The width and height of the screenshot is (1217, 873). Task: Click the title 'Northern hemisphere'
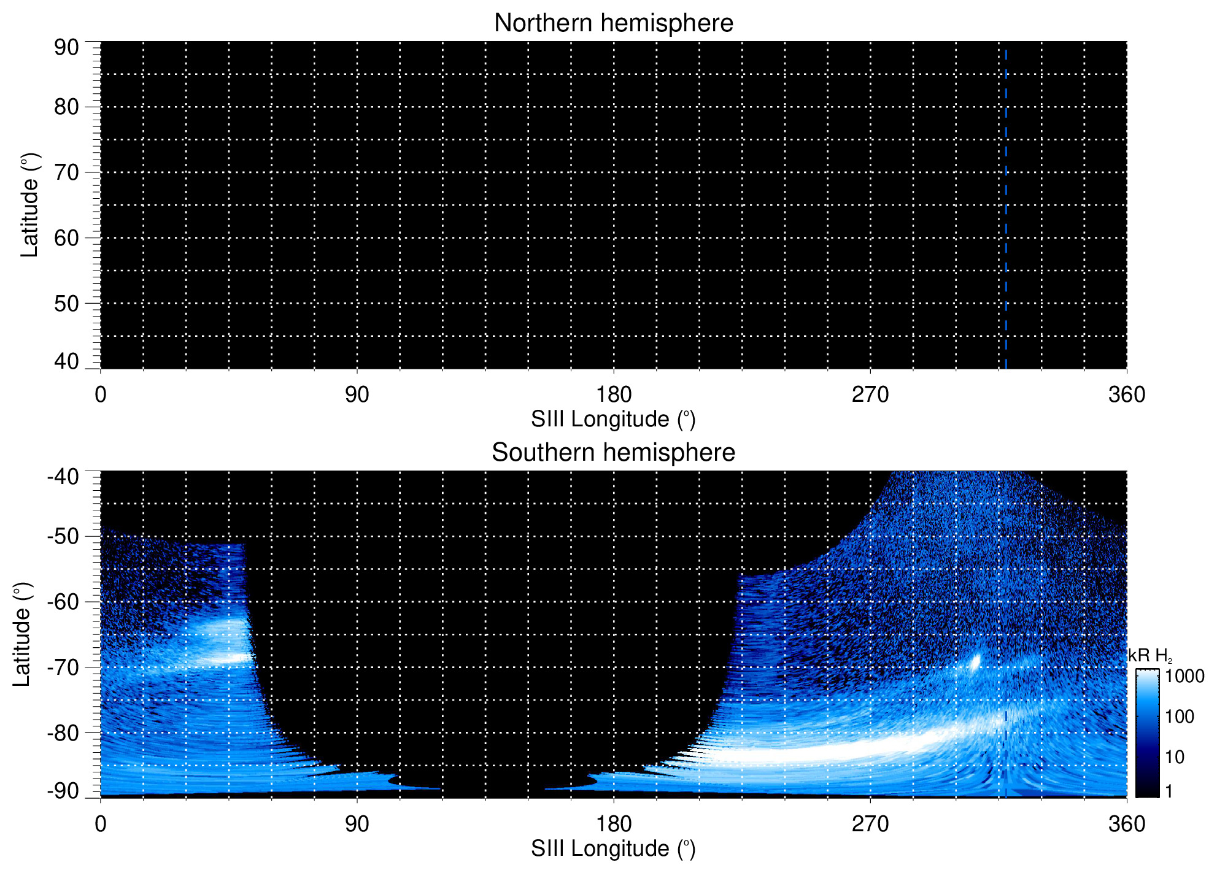tap(613, 23)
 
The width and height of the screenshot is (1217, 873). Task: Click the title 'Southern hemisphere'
tap(613, 453)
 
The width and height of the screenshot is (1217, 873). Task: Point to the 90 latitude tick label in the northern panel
tap(66, 47)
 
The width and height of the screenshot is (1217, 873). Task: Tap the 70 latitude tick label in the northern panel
tap(66, 172)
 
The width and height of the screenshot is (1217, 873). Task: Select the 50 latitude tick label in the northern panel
tap(66, 303)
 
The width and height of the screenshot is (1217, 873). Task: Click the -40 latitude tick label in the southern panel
tap(63, 477)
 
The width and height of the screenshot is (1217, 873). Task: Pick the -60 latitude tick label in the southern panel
tap(63, 602)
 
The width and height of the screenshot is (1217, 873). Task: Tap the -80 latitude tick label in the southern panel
tap(63, 733)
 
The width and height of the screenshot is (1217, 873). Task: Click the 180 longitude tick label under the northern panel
tap(614, 394)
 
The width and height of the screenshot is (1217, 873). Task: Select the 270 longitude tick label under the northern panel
tap(870, 394)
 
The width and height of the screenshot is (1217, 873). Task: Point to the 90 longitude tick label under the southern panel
tap(357, 824)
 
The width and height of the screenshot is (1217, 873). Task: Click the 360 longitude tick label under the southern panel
tap(1126, 824)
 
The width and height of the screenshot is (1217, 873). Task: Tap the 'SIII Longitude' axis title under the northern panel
tap(613, 420)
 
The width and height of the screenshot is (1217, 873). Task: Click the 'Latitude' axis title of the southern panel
tap(22, 634)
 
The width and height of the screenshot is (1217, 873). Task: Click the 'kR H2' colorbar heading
tap(1149, 656)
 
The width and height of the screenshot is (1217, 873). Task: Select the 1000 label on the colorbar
tap(1184, 677)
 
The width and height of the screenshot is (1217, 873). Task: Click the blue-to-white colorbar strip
tap(1146, 733)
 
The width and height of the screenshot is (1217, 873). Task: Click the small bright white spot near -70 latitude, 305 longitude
tap(975, 663)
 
